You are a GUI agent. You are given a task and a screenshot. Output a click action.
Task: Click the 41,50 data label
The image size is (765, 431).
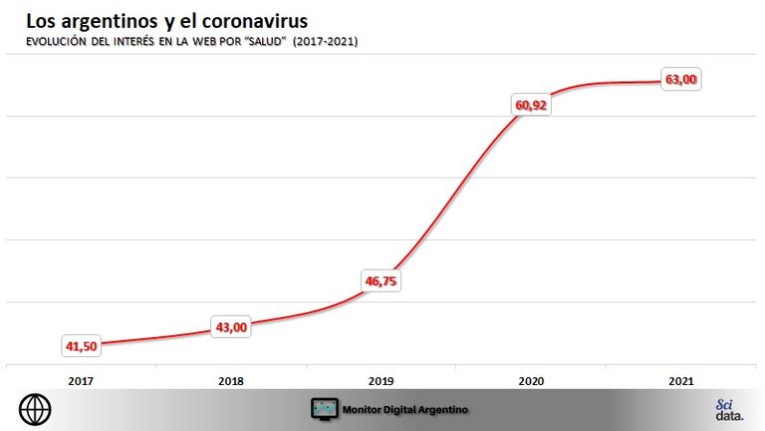pyautogui.click(x=82, y=346)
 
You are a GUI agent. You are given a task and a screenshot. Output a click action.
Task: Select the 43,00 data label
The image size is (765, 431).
pyautogui.click(x=231, y=327)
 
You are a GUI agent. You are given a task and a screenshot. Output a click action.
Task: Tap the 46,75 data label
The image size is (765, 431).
pyautogui.click(x=382, y=281)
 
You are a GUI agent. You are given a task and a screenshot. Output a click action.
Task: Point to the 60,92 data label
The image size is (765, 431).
pyautogui.click(x=531, y=105)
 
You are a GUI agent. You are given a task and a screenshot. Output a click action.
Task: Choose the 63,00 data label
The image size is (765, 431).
pyautogui.click(x=681, y=79)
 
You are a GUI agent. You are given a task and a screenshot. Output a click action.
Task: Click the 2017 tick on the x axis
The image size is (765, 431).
pyautogui.click(x=81, y=381)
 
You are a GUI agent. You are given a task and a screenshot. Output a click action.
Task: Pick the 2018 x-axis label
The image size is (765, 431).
pyautogui.click(x=231, y=381)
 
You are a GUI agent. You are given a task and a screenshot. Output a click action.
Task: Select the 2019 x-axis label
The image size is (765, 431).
pyautogui.click(x=382, y=381)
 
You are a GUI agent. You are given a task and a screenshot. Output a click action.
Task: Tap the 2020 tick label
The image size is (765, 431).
pyautogui.click(x=531, y=381)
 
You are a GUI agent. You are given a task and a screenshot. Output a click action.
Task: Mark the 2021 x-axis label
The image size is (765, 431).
pyautogui.click(x=681, y=381)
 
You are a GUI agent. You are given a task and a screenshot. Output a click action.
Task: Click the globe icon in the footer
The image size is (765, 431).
pyautogui.click(x=35, y=409)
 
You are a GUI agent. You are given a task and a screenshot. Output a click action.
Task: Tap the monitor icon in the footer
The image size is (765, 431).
pyautogui.click(x=325, y=409)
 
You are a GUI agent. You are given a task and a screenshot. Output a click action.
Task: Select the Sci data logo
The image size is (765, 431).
pyautogui.click(x=730, y=410)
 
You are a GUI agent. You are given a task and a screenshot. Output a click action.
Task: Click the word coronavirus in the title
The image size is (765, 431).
pyautogui.click(x=255, y=21)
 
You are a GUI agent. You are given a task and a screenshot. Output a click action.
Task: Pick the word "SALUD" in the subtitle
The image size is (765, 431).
pyautogui.click(x=266, y=42)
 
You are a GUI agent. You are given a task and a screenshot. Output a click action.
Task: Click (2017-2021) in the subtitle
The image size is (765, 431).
pyautogui.click(x=326, y=42)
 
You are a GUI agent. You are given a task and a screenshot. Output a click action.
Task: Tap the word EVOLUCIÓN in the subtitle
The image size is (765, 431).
pyautogui.click(x=56, y=42)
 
